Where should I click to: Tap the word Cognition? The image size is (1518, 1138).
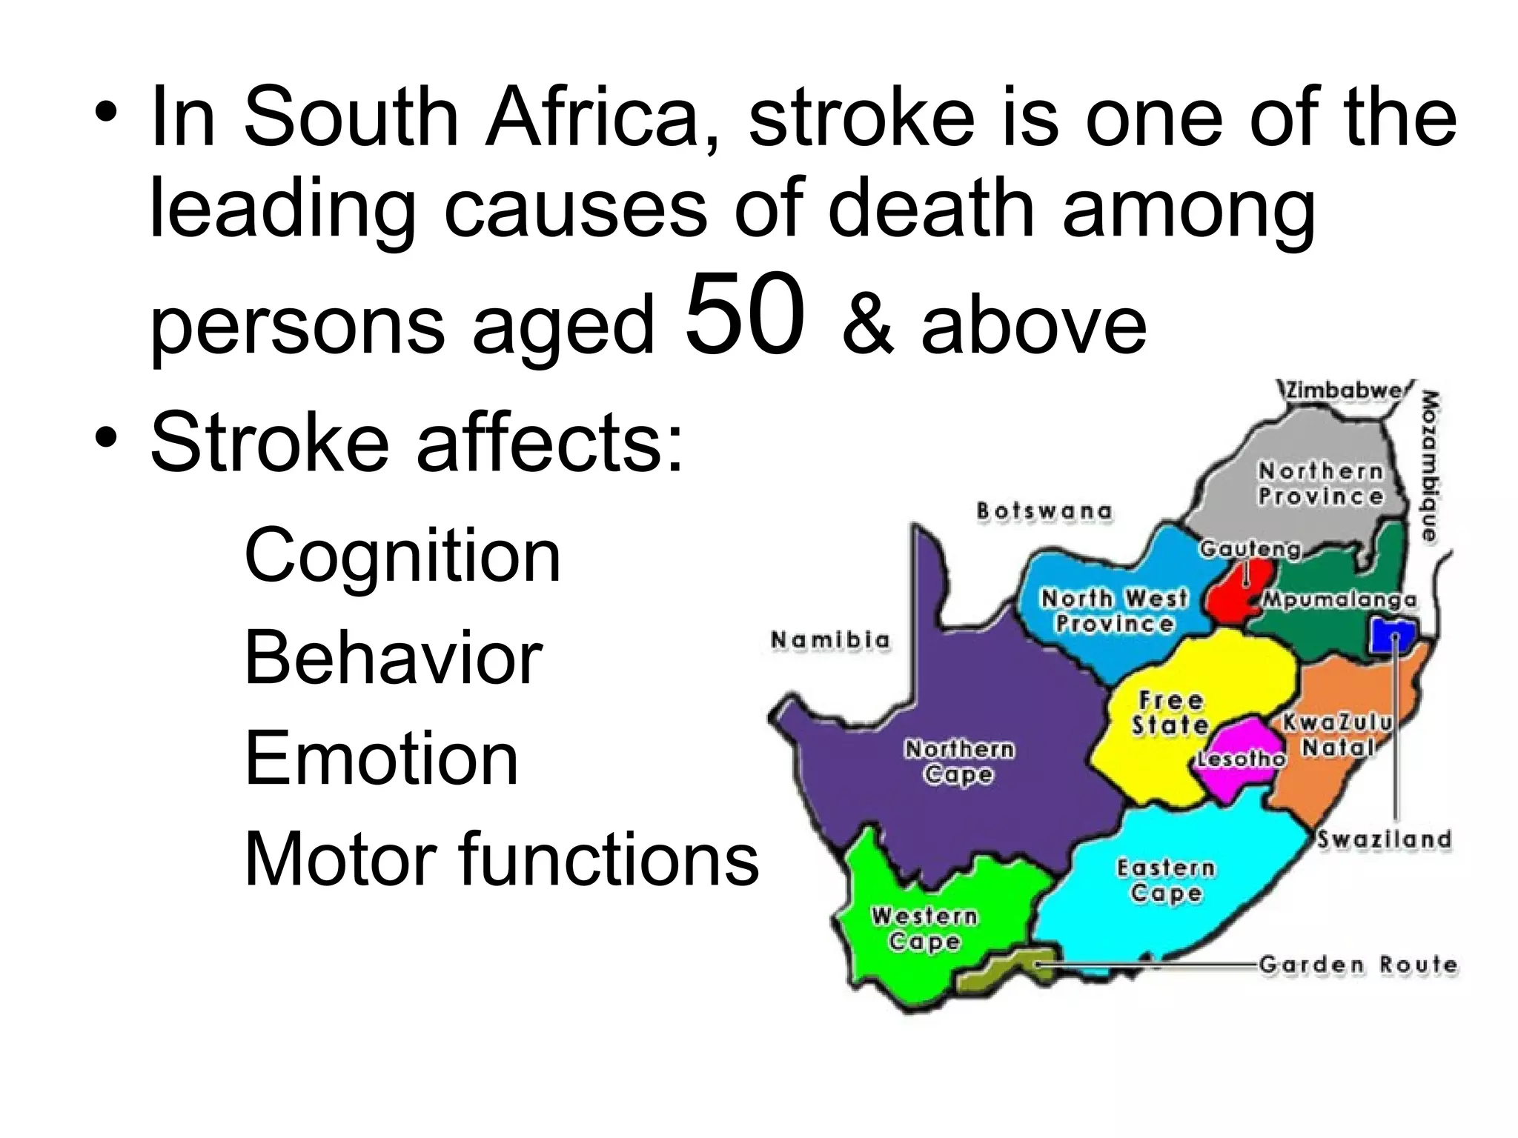click(402, 556)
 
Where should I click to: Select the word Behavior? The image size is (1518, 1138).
click(393, 658)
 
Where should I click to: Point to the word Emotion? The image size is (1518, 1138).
click(381, 759)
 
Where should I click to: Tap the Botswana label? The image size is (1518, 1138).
click(1044, 511)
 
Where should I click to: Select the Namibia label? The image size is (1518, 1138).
click(830, 639)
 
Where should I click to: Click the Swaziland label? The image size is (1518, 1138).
click(1383, 839)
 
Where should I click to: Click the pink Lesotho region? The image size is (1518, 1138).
click(1236, 763)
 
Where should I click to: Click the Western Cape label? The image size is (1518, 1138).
click(924, 929)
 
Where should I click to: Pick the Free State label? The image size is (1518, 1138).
click(1170, 713)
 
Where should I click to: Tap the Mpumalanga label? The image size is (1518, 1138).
click(1339, 600)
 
